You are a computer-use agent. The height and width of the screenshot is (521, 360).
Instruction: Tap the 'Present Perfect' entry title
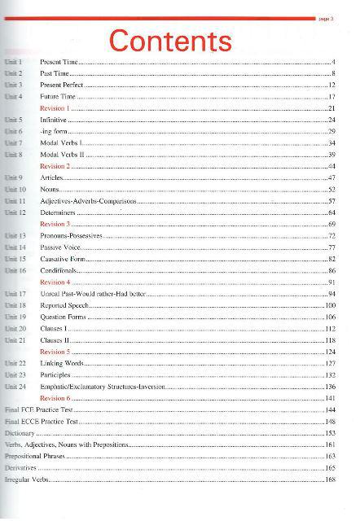(x=62, y=85)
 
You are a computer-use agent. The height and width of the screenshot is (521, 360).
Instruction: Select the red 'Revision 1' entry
(x=55, y=108)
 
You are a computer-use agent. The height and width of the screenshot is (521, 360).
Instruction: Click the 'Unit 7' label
(x=13, y=142)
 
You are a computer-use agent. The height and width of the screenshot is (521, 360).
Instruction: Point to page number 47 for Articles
(x=331, y=177)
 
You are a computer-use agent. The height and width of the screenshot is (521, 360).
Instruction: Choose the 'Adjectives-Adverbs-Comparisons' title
(x=88, y=200)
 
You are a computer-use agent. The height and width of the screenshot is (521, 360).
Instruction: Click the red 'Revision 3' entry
(x=55, y=223)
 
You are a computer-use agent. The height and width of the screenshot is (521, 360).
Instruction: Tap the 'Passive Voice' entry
(x=62, y=247)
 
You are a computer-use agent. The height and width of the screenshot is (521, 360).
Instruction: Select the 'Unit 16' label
(x=15, y=269)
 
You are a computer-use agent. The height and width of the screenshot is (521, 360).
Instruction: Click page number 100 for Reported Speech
(x=330, y=304)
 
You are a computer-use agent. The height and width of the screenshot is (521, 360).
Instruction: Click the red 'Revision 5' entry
(x=55, y=351)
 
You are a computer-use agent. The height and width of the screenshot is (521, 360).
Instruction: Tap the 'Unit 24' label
(x=15, y=386)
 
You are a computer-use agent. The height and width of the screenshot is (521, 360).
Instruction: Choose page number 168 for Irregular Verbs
(x=330, y=479)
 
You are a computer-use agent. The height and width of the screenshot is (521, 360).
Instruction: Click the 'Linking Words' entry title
(x=61, y=363)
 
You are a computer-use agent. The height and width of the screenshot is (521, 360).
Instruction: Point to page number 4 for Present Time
(x=334, y=62)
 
